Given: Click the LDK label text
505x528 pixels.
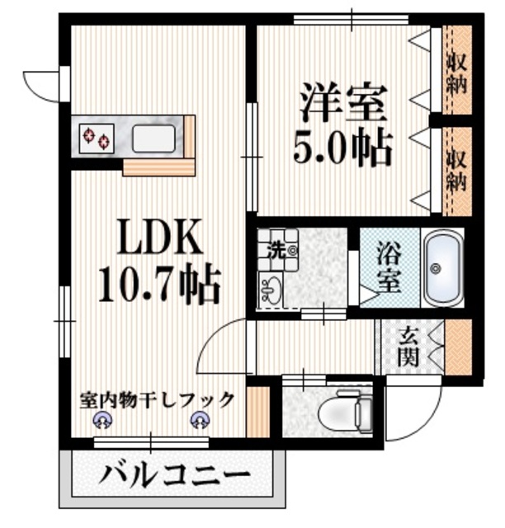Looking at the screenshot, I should coord(162,239).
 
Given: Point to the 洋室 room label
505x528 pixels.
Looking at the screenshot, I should coord(342,106).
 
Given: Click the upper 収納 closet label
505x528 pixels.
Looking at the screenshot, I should coord(455,72).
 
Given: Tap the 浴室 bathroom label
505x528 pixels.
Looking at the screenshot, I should coord(389,267).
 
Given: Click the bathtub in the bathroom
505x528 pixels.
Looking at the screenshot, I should coord(441,267).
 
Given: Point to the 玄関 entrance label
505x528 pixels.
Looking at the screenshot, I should coord(409,346).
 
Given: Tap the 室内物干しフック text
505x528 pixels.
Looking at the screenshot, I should coord(157,399).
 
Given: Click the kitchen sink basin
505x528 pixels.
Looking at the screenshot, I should coord(154,136).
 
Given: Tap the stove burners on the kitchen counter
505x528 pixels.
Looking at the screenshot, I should coord(97,136).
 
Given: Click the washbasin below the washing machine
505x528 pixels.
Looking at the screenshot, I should coord(271,289).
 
